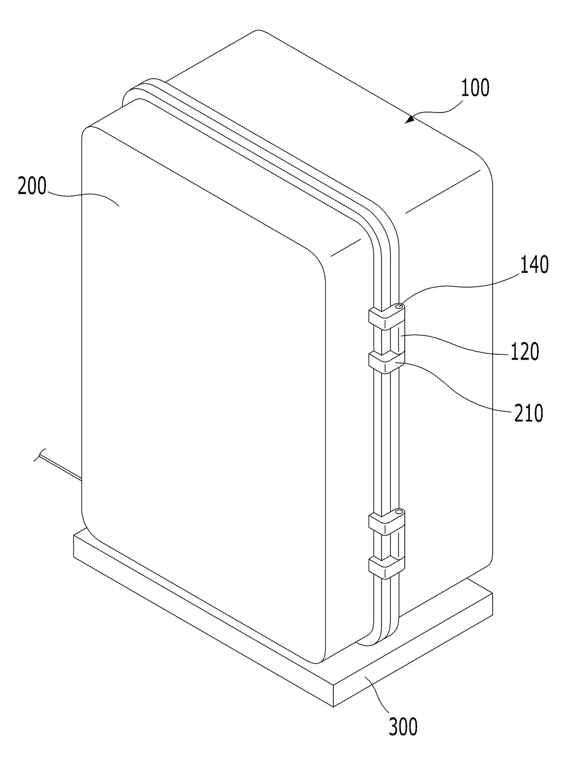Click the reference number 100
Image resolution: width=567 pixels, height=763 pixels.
(x=475, y=88)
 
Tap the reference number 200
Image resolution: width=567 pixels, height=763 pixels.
(x=32, y=186)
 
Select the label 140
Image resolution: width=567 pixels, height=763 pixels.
(x=534, y=265)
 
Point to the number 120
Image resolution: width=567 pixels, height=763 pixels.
(x=525, y=352)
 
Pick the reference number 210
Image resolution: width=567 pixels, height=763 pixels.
(x=529, y=413)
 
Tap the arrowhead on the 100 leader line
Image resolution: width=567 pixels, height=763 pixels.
(x=410, y=119)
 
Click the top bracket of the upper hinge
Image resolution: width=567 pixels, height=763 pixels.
(x=387, y=315)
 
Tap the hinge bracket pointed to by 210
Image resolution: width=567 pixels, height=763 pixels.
(x=387, y=362)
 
